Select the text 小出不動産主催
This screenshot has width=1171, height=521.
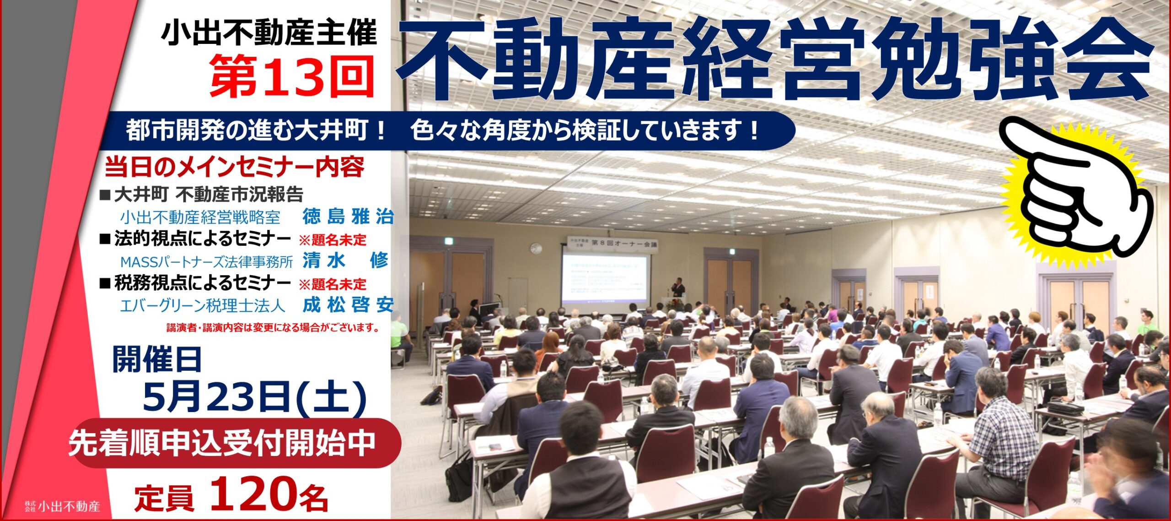[x=269, y=33]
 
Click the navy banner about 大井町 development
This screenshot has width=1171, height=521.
[x=448, y=131]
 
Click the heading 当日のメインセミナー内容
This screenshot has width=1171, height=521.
[x=234, y=167]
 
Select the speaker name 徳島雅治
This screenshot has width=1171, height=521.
[x=348, y=217]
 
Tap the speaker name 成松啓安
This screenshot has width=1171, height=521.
[x=348, y=305]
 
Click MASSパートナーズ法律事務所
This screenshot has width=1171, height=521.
[x=206, y=262]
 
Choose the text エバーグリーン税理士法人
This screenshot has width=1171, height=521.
[x=203, y=306]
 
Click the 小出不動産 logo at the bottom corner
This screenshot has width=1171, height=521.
[x=63, y=506]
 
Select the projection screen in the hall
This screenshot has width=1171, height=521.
[x=605, y=278]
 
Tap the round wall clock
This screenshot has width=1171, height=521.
[x=536, y=249]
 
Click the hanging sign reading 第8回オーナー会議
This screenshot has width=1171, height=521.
[x=612, y=242]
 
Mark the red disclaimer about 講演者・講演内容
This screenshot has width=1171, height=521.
[x=273, y=328]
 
